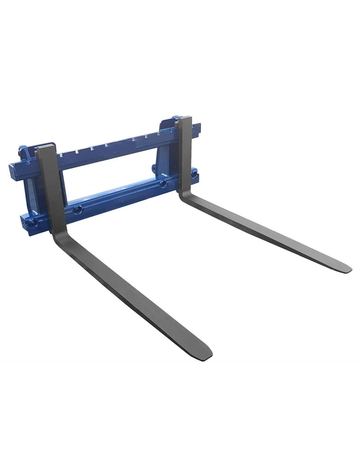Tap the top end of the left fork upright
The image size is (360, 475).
[47, 149]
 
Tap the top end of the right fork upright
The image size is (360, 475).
[183, 119]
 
